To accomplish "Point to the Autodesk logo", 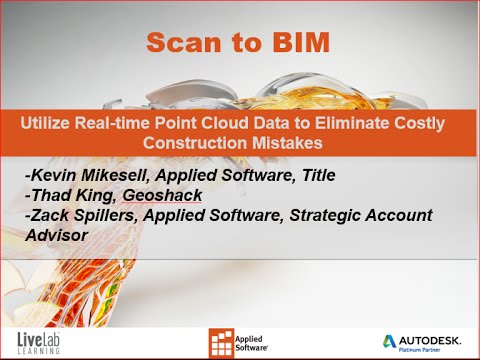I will coord(419,336).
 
